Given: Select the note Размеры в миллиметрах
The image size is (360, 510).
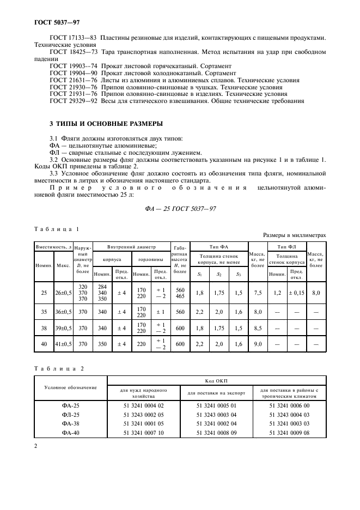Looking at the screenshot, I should tap(294, 235).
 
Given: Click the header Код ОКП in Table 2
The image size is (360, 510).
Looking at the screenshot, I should tap(216, 381).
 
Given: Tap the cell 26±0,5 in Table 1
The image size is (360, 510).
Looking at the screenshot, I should tap(63, 293).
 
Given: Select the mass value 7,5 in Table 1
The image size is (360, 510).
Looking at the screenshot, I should tap(258, 293).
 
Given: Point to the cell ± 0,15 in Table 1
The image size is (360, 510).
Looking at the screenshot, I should tap(297, 293).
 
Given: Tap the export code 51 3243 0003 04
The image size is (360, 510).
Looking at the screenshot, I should tap(216, 414).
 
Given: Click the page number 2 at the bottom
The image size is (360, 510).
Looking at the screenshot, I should tap(36, 446).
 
